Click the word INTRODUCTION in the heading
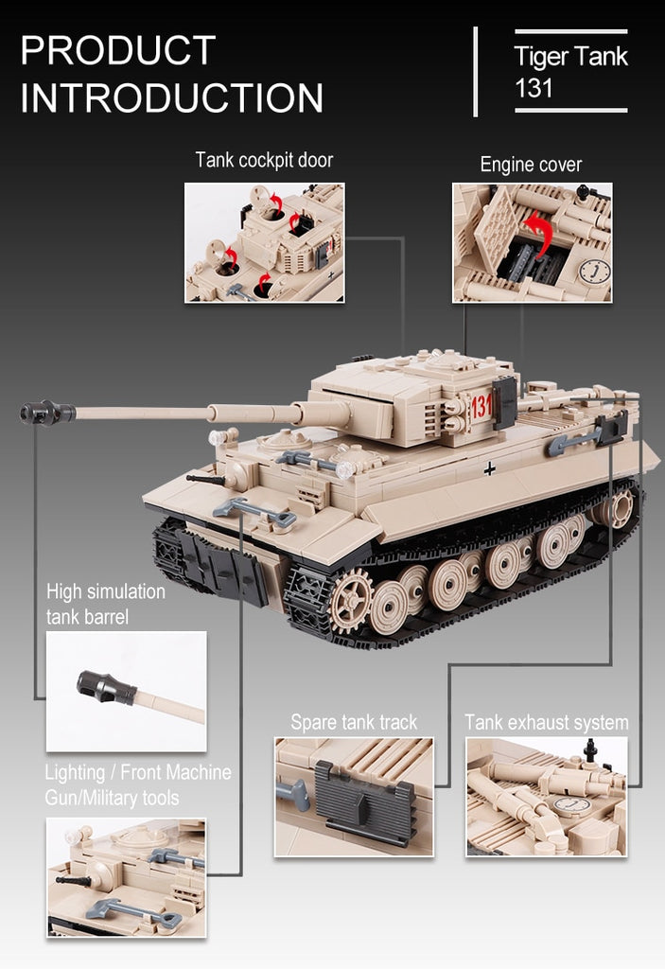coord(172,97)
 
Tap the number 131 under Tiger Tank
coord(534,88)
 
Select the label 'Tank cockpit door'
coord(264,160)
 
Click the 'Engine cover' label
coord(531,165)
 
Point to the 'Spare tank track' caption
coord(354,722)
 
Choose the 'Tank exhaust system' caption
coord(547,722)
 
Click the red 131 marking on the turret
coord(481,407)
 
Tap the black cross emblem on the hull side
coord(489,469)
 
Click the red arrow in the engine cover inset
coord(537,234)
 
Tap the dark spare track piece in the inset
coord(364,801)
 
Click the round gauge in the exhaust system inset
coord(571,805)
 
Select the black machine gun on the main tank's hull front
coord(207,479)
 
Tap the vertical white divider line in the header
coord(475,72)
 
